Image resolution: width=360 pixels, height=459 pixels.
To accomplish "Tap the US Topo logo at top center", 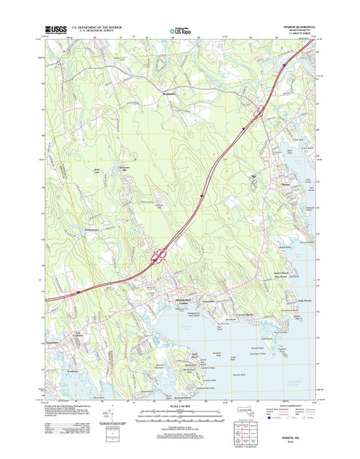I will click(x=179, y=30).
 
